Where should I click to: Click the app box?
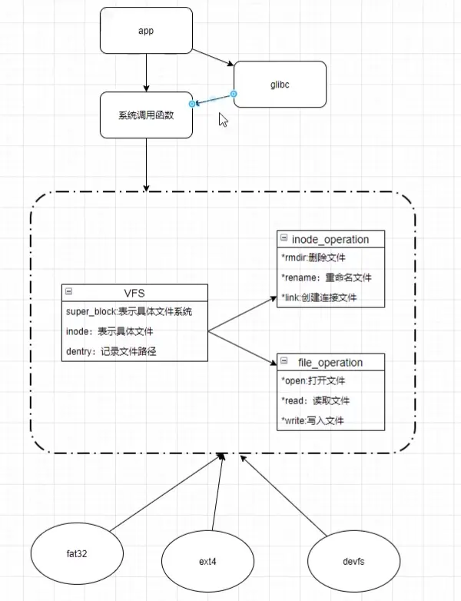click(x=146, y=31)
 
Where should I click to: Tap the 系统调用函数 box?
click(x=146, y=115)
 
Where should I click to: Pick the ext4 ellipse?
click(x=207, y=562)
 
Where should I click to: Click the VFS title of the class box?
click(x=134, y=292)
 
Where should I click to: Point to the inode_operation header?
click(x=330, y=239)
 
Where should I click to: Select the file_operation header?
click(x=330, y=362)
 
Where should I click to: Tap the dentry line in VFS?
click(x=114, y=350)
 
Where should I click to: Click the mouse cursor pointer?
click(x=224, y=120)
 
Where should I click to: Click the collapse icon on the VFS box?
click(x=69, y=292)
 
